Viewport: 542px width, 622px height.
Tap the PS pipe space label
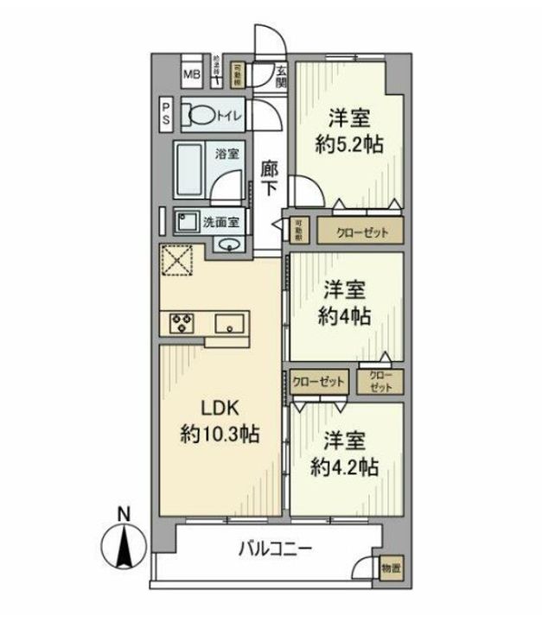pos(165,115)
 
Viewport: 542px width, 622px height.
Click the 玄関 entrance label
pos(282,76)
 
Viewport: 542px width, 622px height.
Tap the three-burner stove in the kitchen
pos(182,322)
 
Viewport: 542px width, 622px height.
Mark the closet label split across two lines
pos(380,381)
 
